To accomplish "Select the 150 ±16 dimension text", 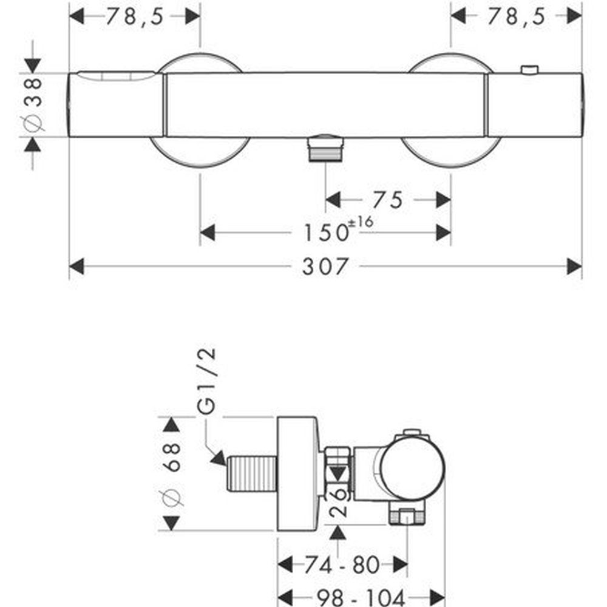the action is pyautogui.click(x=338, y=229).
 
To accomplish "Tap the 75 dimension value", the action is pyautogui.click(x=387, y=200).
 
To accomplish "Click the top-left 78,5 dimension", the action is pyautogui.click(x=134, y=16).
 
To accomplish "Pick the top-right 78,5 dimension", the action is pyautogui.click(x=516, y=16).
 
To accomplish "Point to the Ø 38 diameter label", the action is pyautogui.click(x=33, y=104).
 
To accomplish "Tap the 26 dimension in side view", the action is pyautogui.click(x=338, y=502).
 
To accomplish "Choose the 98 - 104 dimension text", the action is pyautogui.click(x=361, y=598).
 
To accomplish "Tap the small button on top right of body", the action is pyautogui.click(x=529, y=69).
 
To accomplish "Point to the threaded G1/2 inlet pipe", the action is pyautogui.click(x=252, y=474).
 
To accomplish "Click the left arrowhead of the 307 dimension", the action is pyautogui.click(x=76, y=266).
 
